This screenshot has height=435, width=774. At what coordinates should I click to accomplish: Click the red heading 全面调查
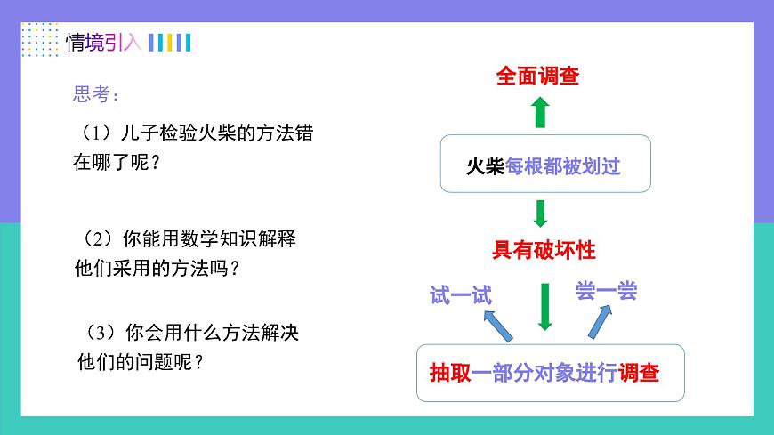click(537, 77)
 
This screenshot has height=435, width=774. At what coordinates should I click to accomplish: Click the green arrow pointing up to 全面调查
click(539, 113)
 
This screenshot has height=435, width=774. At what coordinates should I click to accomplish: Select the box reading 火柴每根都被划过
click(545, 164)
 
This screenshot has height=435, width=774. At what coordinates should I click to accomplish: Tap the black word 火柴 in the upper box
click(486, 166)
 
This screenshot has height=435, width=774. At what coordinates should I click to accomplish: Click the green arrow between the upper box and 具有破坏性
click(540, 213)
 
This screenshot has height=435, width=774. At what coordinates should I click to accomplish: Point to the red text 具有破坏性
click(544, 250)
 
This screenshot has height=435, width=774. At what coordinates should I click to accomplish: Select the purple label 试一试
click(460, 295)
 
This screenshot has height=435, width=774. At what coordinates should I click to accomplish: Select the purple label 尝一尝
click(606, 291)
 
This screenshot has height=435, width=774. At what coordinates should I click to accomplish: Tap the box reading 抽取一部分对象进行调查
click(549, 374)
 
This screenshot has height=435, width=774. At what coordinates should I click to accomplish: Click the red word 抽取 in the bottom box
click(448, 374)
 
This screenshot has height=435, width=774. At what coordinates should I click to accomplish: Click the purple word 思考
click(93, 95)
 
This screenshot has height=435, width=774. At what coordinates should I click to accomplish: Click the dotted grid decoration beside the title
click(39, 40)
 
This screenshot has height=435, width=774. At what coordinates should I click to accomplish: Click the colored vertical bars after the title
click(169, 42)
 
